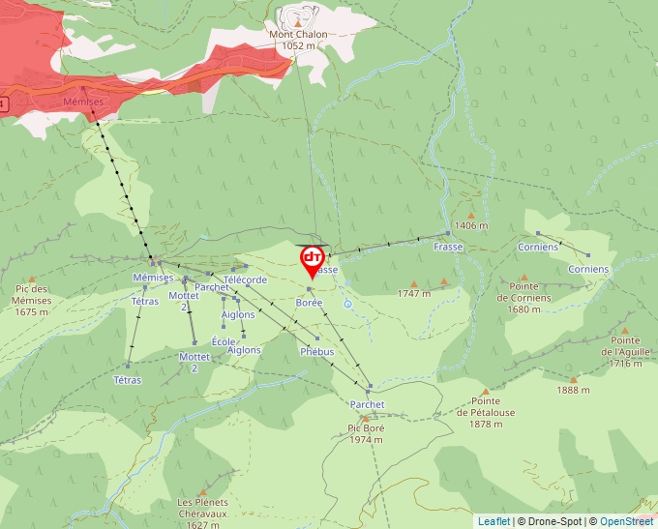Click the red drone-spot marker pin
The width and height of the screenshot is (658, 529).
tap(313, 260)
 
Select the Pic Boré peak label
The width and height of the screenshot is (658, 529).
tap(365, 433)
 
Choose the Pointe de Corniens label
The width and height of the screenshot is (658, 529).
tap(524, 291)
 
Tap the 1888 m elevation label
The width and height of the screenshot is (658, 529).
tap(573, 390)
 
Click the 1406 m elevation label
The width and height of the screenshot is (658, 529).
tap(471, 225)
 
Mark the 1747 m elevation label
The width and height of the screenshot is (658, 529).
tap(414, 293)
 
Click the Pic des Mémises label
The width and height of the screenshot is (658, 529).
tap(32, 300)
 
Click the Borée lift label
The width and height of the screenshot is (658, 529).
tap(309, 303)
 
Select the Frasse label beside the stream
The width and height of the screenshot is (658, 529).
tap(449, 247)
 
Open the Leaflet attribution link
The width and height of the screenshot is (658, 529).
tap(493, 521)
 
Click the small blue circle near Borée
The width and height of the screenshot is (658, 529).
tap(347, 304)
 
